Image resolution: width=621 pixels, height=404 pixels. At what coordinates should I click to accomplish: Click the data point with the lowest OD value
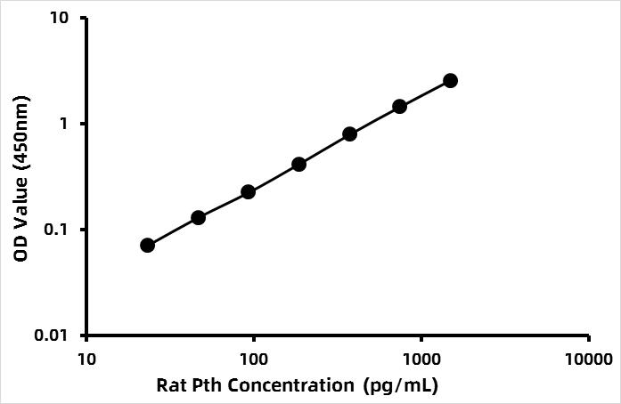(148, 245)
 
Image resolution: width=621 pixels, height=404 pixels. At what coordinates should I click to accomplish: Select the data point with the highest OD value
(450, 81)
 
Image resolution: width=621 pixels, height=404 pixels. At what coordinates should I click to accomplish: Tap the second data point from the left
(199, 217)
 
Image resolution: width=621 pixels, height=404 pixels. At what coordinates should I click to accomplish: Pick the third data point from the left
(249, 191)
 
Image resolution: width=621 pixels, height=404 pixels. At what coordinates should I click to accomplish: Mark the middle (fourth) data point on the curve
(299, 164)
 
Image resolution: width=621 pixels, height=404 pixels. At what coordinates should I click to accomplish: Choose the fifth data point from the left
(349, 133)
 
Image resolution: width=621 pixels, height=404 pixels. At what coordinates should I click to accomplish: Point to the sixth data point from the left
(399, 106)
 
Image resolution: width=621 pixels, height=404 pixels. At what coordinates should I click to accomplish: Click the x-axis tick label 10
(86, 360)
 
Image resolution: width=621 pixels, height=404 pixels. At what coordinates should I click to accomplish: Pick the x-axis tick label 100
(254, 360)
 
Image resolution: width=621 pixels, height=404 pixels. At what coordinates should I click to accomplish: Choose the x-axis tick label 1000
(421, 360)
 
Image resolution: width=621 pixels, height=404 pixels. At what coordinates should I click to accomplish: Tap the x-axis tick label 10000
(588, 360)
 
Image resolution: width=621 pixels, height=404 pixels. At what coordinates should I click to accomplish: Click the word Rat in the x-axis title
(170, 385)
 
